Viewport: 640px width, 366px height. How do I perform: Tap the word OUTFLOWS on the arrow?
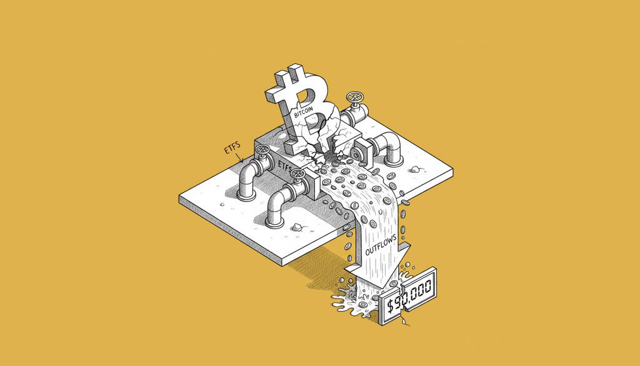pos(381,245)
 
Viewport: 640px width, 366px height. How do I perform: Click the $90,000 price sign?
pos(407,296)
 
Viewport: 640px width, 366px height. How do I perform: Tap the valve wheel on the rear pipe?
pos(355,98)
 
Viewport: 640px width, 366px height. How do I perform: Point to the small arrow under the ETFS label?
pos(239,156)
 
